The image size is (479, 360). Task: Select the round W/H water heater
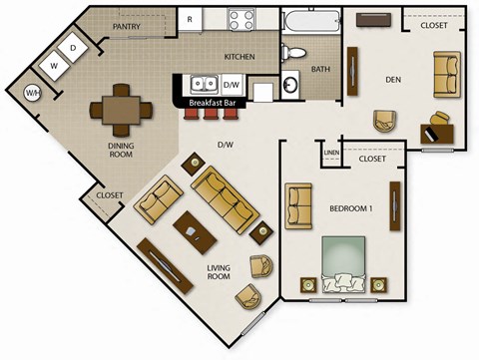[x=33, y=93]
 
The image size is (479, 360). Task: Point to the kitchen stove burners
[x=241, y=19]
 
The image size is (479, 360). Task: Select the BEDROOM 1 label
[x=351, y=207]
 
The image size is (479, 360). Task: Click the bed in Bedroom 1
[x=345, y=263]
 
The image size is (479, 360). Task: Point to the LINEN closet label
[x=331, y=152]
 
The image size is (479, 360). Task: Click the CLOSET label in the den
[x=434, y=26]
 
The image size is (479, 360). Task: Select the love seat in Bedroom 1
[x=298, y=206]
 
